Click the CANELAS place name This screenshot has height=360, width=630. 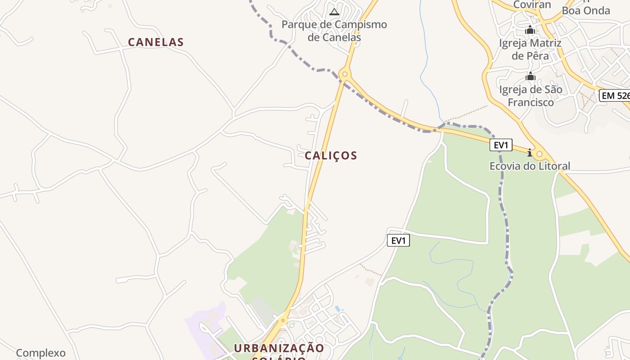[x=156, y=42]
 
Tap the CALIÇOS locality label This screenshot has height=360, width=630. [x=331, y=156]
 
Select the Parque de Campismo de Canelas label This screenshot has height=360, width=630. [x=334, y=31]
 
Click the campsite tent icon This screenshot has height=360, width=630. [x=334, y=11]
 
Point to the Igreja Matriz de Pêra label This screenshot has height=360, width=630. [x=531, y=49]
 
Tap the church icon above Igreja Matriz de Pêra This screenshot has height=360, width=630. [x=530, y=30]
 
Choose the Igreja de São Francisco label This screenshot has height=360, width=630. [x=531, y=96]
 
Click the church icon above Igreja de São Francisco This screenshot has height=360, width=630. [x=530, y=76]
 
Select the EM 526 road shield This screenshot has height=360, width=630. [x=615, y=95]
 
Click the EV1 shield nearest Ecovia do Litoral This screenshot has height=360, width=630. [x=501, y=145]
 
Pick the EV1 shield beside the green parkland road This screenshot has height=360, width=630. [x=398, y=241]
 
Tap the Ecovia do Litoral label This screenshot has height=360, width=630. [x=530, y=166]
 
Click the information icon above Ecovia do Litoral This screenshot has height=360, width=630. [x=530, y=153]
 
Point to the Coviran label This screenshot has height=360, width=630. [x=532, y=5]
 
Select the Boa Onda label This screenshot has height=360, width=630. [x=586, y=10]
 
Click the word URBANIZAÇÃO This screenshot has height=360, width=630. [x=279, y=348]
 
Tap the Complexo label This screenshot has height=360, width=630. [x=41, y=353]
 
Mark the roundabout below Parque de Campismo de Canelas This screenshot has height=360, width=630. [x=345, y=74]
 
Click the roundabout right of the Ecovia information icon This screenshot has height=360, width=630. [x=540, y=154]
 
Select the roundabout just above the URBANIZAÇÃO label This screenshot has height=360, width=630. [x=283, y=321]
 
